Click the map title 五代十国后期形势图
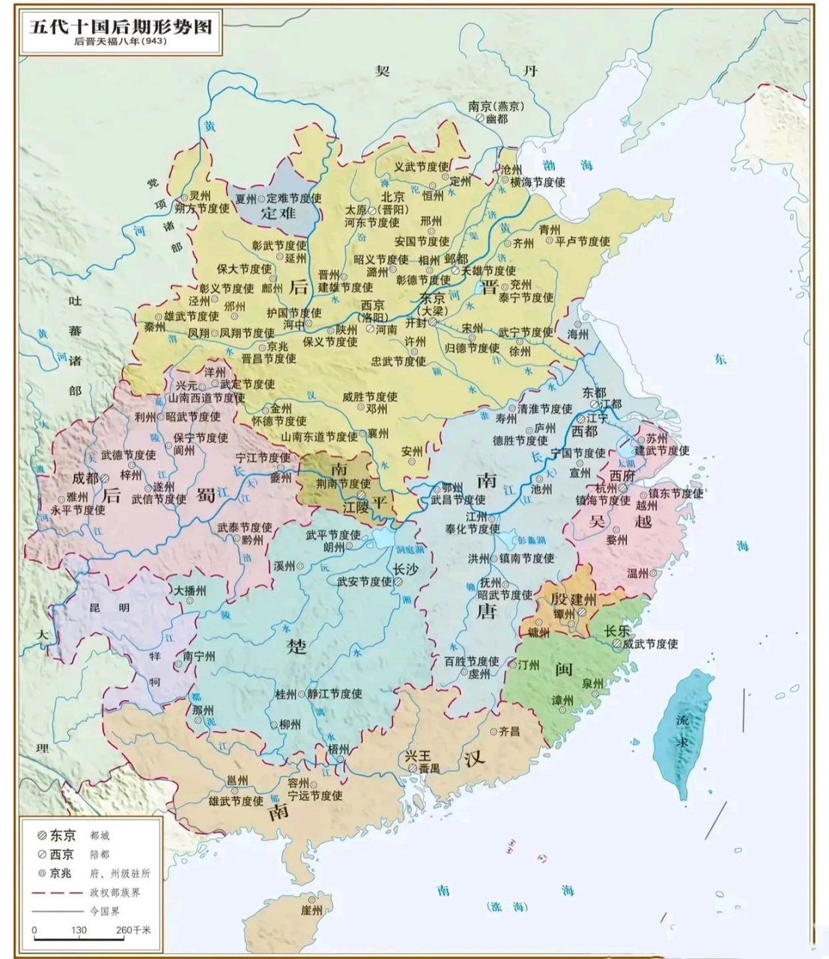(x=121, y=27)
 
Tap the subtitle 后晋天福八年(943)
(x=120, y=42)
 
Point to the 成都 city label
(x=85, y=477)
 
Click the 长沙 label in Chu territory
(x=405, y=569)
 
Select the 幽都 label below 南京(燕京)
(x=496, y=119)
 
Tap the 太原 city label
(x=356, y=210)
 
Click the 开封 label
(x=415, y=324)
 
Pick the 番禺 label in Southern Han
(x=428, y=768)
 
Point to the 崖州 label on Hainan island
(x=310, y=910)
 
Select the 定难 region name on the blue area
(x=279, y=213)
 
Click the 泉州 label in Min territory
(x=593, y=683)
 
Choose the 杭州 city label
(x=607, y=488)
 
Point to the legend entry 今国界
(x=104, y=911)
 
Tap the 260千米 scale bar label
(x=134, y=930)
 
